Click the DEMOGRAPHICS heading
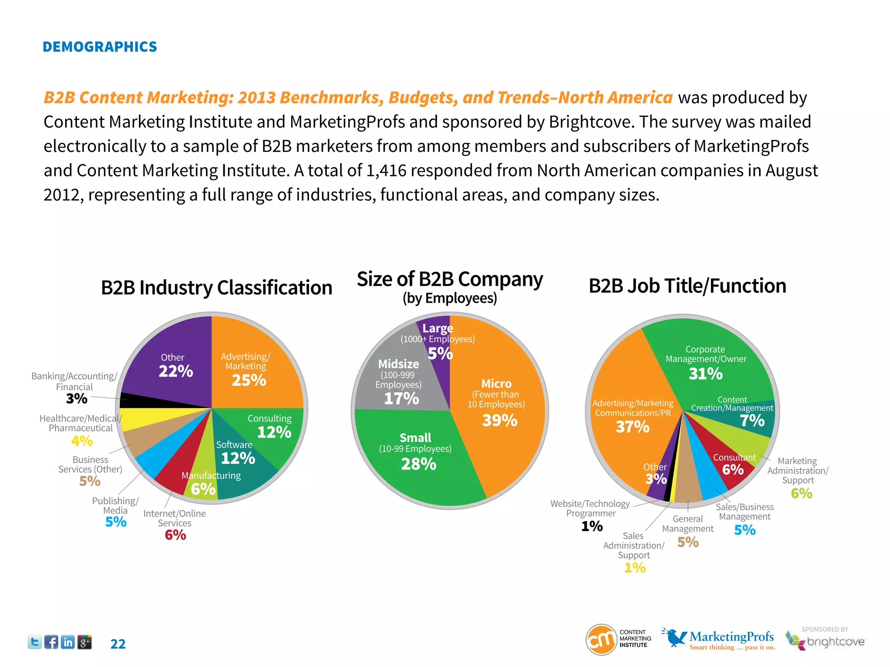[x=100, y=47]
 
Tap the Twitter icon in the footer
[x=35, y=642]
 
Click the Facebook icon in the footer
[x=51, y=642]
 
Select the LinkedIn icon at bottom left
[x=68, y=642]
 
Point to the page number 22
[x=118, y=644]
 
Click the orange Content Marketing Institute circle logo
[x=601, y=639]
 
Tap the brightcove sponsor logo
[x=826, y=641]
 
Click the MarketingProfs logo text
[x=731, y=637]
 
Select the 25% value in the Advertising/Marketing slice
[x=249, y=380]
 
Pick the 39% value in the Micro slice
[x=500, y=420]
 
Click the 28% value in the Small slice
[x=418, y=464]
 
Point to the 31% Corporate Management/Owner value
[x=706, y=373]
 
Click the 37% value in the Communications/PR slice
[x=632, y=427]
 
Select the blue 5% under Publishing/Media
[x=116, y=522]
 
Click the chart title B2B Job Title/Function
[x=687, y=286]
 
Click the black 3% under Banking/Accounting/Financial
[x=76, y=399]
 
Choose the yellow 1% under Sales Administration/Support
[x=634, y=568]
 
